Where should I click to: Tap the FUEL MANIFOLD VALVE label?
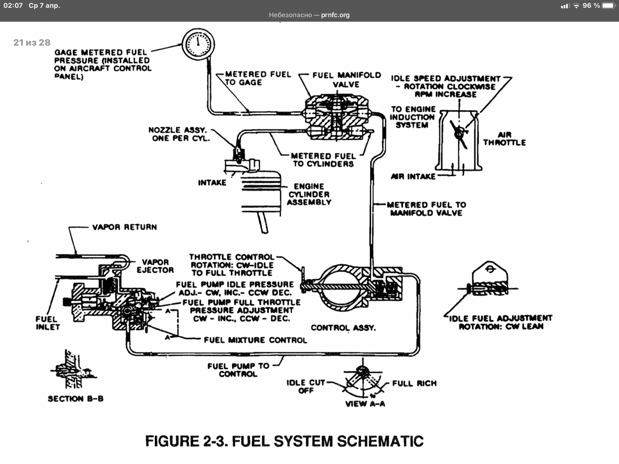click(x=346, y=80)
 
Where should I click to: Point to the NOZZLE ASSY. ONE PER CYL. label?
click(x=180, y=134)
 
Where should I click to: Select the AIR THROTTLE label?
click(x=504, y=138)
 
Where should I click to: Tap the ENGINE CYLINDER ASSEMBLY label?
click(x=309, y=194)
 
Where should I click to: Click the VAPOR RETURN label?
click(x=124, y=227)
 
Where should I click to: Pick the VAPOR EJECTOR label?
click(x=155, y=266)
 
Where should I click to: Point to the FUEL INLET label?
click(x=48, y=323)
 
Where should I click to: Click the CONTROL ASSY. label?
click(x=343, y=328)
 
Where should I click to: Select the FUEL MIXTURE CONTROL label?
click(x=255, y=340)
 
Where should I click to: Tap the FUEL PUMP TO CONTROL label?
click(x=238, y=370)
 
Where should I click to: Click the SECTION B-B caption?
click(x=75, y=399)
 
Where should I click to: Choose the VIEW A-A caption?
click(x=365, y=404)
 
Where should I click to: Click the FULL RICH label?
click(x=414, y=383)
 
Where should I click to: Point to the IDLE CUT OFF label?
click(x=306, y=386)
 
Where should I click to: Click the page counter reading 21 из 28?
click(x=32, y=43)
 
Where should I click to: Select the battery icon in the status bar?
click(x=608, y=6)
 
